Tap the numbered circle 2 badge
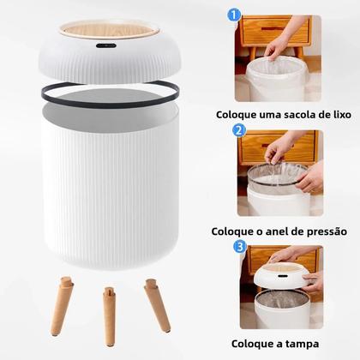240,131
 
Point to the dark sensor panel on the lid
106,44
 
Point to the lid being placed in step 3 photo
281,274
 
